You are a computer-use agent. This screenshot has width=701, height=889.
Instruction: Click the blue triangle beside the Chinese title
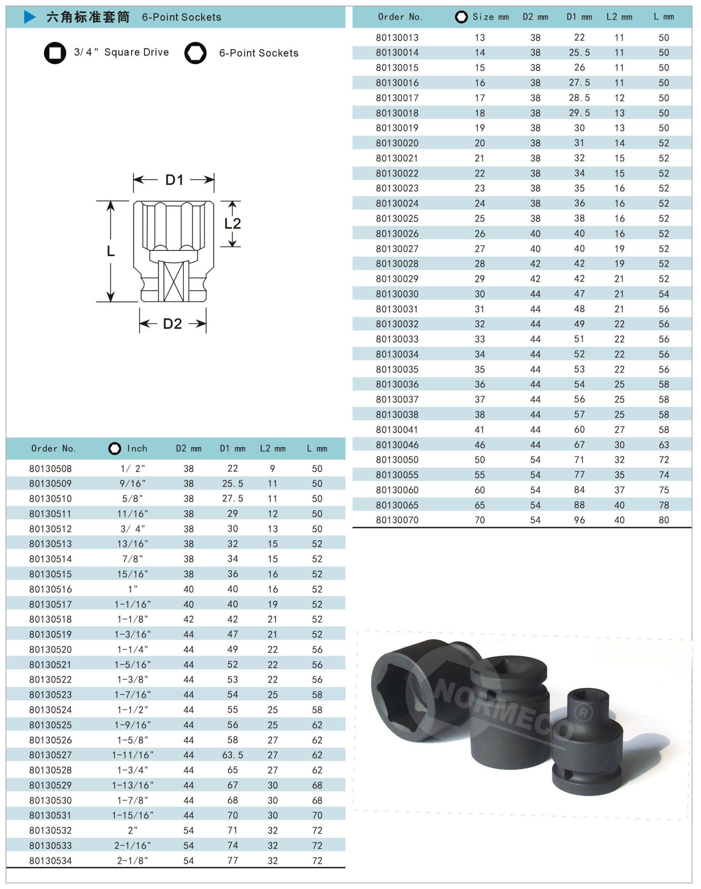30,17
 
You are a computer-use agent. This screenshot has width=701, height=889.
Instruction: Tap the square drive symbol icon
55,53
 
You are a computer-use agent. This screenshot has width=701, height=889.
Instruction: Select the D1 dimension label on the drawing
175,180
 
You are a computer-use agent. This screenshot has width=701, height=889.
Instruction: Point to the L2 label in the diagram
232,224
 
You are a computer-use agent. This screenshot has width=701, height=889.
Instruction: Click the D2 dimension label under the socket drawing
172,324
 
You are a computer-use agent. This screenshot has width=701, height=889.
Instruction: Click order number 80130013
397,38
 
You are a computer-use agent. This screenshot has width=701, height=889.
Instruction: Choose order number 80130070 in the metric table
397,520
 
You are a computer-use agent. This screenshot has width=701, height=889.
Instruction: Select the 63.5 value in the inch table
233,755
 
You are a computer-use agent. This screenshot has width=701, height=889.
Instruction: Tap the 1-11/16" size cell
133,755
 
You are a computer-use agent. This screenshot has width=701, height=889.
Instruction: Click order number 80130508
50,469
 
